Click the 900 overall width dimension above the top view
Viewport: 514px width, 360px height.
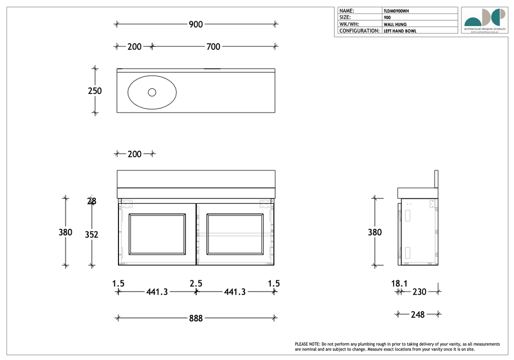tap(196, 24)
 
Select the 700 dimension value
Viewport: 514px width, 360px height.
tap(213, 47)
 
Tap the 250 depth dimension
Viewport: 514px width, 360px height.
tap(95, 91)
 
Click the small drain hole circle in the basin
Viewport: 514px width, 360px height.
tap(152, 92)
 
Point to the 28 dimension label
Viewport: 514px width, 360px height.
tap(92, 201)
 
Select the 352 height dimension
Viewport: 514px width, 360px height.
tap(91, 234)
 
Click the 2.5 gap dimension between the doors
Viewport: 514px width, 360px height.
tap(196, 284)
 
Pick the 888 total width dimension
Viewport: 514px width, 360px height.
tap(196, 318)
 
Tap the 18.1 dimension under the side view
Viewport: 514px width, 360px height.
tap(400, 284)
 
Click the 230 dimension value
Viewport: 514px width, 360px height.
tap(419, 292)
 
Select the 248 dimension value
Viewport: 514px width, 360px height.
tap(418, 315)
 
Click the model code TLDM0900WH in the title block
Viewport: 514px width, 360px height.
tap(400, 11)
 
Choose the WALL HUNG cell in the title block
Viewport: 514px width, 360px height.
tap(395, 24)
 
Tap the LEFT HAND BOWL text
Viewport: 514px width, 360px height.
tap(400, 31)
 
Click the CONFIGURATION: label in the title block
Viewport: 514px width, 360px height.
tap(359, 31)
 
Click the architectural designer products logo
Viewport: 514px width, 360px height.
tap(484, 20)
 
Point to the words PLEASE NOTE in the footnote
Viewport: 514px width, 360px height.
tap(307, 344)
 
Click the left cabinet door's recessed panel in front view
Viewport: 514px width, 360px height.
tap(157, 233)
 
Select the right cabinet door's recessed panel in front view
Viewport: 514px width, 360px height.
tap(234, 233)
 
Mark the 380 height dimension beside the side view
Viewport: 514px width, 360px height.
tap(374, 232)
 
